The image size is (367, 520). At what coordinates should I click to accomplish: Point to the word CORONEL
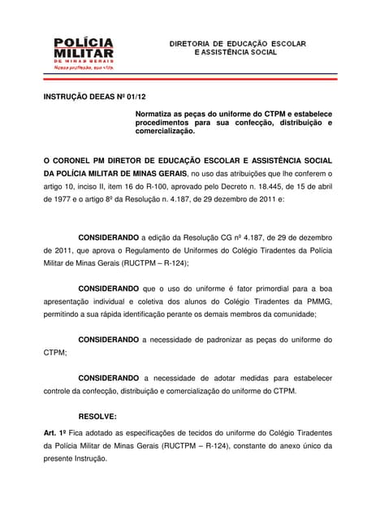(x=76, y=159)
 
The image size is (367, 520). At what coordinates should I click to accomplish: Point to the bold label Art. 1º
(x=55, y=434)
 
